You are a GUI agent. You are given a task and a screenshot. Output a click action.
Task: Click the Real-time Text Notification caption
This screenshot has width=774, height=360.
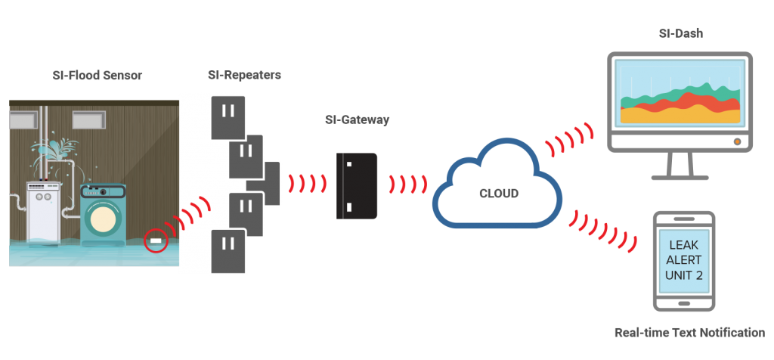(689, 333)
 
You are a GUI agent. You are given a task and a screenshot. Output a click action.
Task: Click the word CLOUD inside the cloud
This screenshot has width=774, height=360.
(499, 194)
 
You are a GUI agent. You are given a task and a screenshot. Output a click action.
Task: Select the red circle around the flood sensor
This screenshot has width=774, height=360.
(156, 243)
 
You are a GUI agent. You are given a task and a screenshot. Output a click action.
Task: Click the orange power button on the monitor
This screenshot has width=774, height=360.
(735, 141)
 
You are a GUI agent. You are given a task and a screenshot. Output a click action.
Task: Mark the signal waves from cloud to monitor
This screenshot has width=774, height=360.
(565, 139)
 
